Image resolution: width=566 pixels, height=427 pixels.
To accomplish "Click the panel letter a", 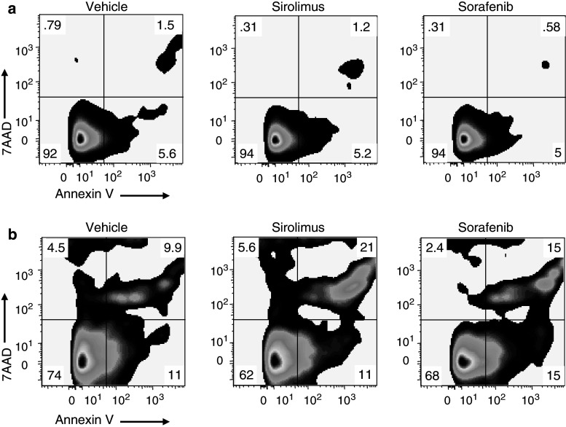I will pyautogui.click(x=6, y=7).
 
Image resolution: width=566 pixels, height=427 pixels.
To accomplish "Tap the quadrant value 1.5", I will pyautogui.click(x=165, y=26).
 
